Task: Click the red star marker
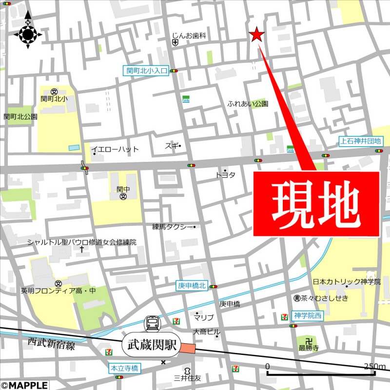pyautogui.click(x=256, y=35)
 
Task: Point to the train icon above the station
pyautogui.click(x=152, y=323)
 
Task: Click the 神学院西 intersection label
pyautogui.click(x=308, y=316)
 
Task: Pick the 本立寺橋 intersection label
pyautogui.click(x=124, y=368)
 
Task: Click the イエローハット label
pyautogui.click(x=115, y=149)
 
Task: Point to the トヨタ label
pyautogui.click(x=226, y=175)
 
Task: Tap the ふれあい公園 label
pyautogui.click(x=248, y=104)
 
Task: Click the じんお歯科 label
pyautogui.click(x=190, y=36)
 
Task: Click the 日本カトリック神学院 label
pyautogui.click(x=347, y=282)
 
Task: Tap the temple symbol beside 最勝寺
pyautogui.click(x=306, y=340)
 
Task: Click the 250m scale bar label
pyautogui.click(x=374, y=367)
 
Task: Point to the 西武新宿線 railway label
pyautogui.click(x=51, y=347)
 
